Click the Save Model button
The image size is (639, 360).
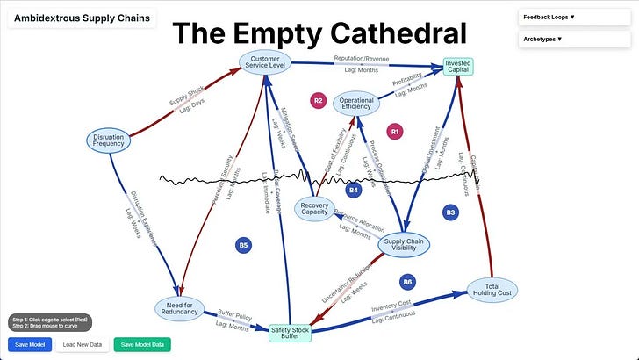pos(29,344)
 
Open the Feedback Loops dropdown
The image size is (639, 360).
pos(574,17)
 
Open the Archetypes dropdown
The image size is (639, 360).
pos(574,40)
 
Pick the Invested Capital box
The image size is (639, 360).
pos(458,67)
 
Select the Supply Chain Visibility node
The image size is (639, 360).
pos(402,243)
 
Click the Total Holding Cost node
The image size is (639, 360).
pos(492,290)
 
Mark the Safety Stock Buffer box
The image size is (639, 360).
pos(291,333)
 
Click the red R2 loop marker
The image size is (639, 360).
pos(319,101)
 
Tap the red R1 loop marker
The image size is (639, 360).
pos(395,131)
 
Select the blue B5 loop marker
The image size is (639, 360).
pos(243,245)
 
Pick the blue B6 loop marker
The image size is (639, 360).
pos(406,282)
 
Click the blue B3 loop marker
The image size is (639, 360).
pos(450,212)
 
